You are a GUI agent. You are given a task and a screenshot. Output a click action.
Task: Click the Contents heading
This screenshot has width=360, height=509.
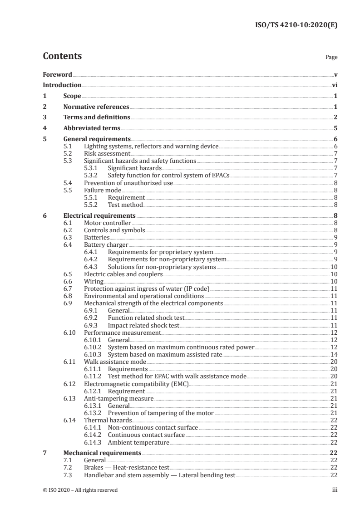[x=62, y=56]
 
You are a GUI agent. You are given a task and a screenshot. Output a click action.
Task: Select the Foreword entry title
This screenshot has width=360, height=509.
[x=57, y=74]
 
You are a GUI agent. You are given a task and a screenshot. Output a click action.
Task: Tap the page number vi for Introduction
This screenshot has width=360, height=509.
[x=334, y=85]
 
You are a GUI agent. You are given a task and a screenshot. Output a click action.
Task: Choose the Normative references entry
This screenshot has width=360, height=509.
[x=96, y=107]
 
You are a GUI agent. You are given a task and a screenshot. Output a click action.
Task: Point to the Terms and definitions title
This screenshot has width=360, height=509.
[x=97, y=117]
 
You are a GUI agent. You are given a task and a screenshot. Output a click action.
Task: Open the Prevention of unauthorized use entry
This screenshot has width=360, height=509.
[x=128, y=183]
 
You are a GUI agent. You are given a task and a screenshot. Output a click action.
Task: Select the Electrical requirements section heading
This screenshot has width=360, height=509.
[x=99, y=215]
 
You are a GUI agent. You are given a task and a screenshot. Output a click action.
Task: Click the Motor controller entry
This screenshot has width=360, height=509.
[x=108, y=223]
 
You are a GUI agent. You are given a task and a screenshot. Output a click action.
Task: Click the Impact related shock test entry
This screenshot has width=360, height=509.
[x=143, y=325]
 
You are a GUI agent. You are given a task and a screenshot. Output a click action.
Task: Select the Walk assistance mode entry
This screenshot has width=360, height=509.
[x=115, y=362]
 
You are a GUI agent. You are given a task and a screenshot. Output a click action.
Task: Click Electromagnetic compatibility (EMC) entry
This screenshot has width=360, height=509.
[x=136, y=383]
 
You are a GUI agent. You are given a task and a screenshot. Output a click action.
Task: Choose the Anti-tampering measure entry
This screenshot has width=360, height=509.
[x=119, y=398]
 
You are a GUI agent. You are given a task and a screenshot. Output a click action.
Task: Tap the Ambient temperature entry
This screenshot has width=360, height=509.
[x=138, y=442]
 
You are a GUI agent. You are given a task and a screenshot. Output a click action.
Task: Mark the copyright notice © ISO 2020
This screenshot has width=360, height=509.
[x=80, y=490]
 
